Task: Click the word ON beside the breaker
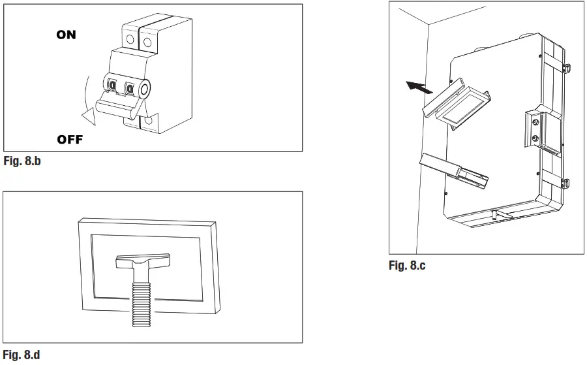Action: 66,35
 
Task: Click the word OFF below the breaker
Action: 70,140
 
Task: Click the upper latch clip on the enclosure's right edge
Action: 565,66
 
